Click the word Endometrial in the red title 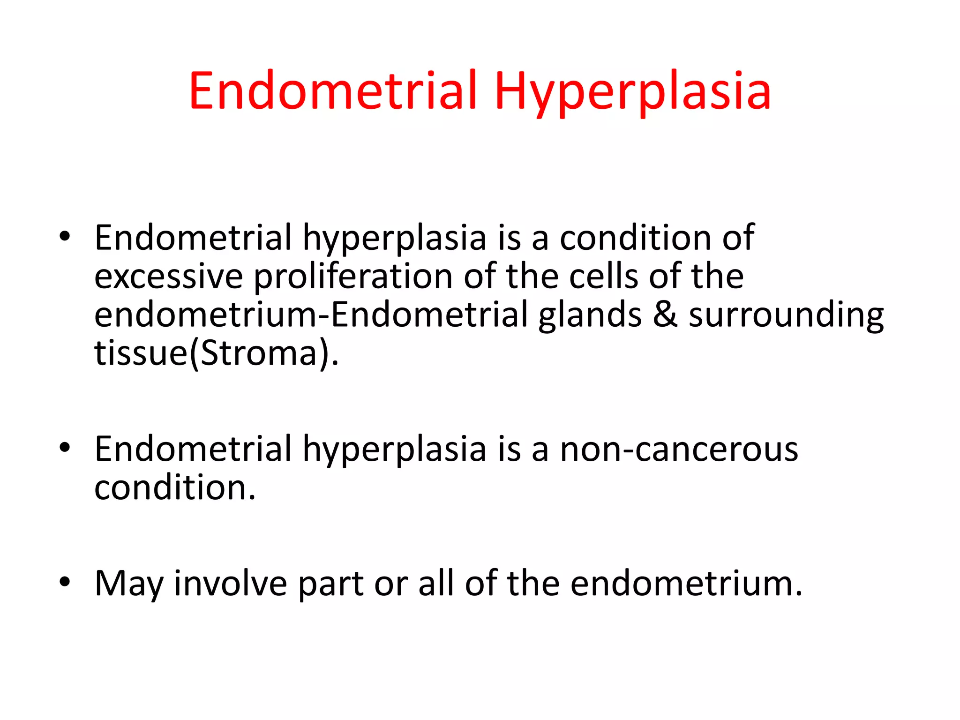[333, 91]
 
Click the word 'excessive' [168, 277]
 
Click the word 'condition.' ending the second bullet [175, 487]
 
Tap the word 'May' [128, 584]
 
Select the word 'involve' [230, 583]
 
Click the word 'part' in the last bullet [330, 584]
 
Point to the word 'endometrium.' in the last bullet [686, 583]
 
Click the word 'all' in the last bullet [436, 583]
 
